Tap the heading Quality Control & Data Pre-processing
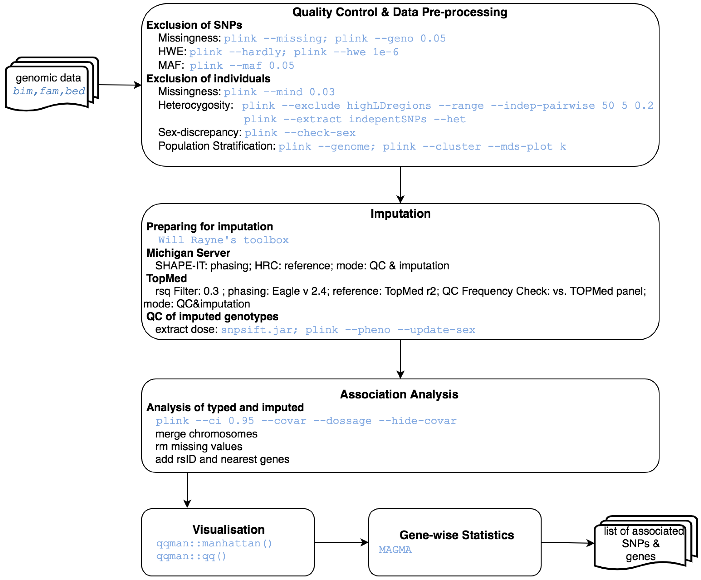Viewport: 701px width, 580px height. point(399,12)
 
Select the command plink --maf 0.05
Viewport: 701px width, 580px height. point(242,66)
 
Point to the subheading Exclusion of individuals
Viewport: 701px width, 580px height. point(208,79)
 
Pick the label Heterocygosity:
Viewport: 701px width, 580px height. point(196,105)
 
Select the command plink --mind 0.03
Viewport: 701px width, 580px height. point(279,92)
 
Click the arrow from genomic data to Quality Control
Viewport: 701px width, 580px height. point(120,85)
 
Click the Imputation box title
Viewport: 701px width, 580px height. point(400,214)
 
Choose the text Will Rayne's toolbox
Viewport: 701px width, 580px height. point(223,240)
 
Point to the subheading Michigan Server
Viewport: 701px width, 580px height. point(188,253)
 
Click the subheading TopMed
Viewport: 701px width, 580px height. point(167,279)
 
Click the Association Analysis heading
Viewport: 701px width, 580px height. point(399,395)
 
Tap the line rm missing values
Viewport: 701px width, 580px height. point(199,447)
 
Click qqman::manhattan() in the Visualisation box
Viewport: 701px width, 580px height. point(214,544)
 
